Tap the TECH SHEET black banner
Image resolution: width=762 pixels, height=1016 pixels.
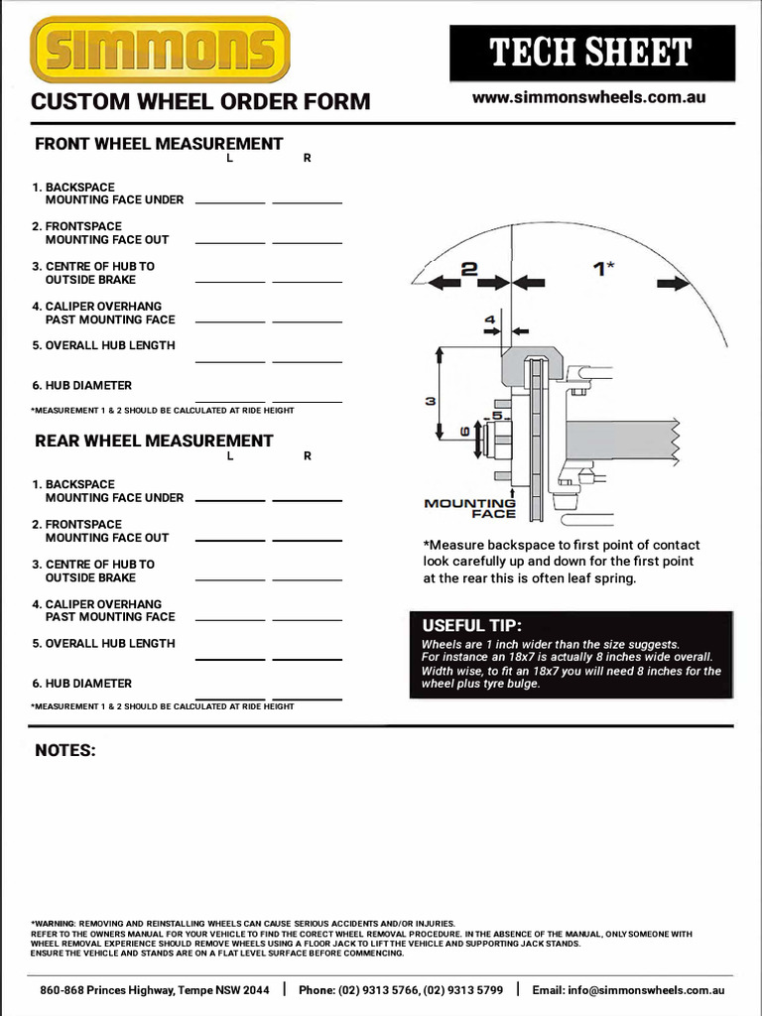coord(591,53)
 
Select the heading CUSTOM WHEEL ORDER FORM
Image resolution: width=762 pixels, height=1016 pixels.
coord(200,101)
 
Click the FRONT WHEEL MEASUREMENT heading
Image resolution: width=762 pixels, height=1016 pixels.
coord(159,144)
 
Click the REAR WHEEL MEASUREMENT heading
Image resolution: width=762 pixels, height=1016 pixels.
coord(154,441)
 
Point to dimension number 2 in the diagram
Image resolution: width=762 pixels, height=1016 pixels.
coord(469,269)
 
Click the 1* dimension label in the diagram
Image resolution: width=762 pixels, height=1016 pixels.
coord(603,268)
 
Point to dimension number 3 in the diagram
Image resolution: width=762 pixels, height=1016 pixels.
coord(431,401)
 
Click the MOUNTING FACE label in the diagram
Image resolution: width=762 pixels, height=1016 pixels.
coord(470,508)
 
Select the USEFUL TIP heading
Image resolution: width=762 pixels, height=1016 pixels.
coord(471,625)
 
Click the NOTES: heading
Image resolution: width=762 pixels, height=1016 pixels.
coord(65,750)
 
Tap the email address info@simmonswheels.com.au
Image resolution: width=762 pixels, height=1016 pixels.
coord(628,990)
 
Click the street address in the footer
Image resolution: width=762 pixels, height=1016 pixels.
coord(154,990)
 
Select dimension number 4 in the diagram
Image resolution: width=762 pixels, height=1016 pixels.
coord(489,319)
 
